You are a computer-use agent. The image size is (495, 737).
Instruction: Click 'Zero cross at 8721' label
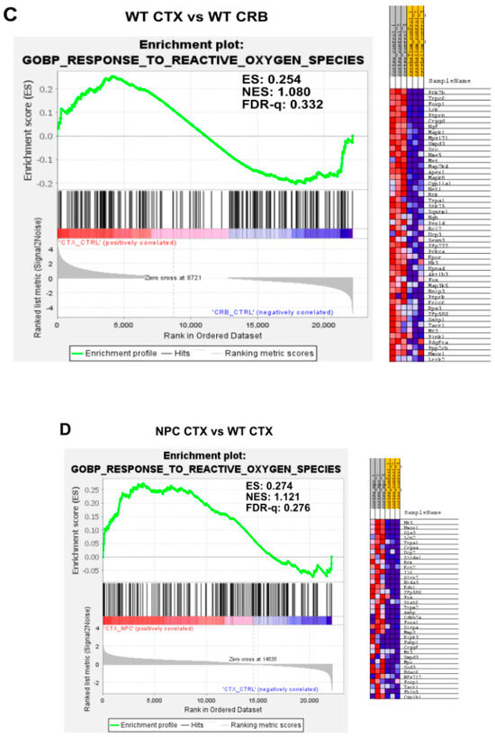coord(173,279)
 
